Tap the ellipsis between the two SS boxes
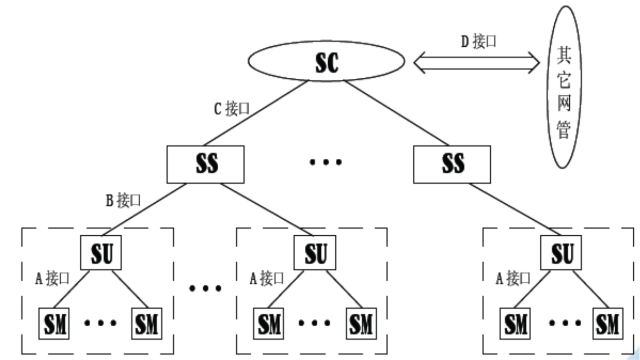coord(326,162)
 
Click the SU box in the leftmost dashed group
coord(101,252)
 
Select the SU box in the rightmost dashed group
coord(562,252)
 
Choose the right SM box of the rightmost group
coord(606,325)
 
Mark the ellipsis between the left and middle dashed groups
coord(205,289)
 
